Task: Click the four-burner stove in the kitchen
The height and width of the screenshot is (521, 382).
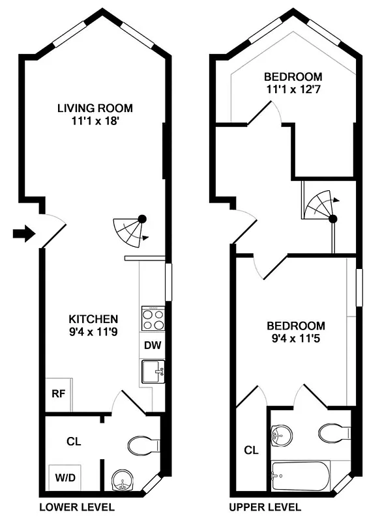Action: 153,319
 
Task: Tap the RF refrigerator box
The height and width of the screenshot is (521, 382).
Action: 57,393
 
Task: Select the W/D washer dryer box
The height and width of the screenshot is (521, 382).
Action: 64,477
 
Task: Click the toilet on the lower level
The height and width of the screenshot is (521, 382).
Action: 143,446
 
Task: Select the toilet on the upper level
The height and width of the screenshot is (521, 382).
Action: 334,432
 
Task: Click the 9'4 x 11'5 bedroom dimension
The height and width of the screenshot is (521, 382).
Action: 295,338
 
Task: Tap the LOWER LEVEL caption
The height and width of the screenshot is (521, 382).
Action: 77,507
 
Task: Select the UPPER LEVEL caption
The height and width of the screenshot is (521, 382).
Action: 265,507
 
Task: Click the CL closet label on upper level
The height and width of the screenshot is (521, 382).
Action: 251,449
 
